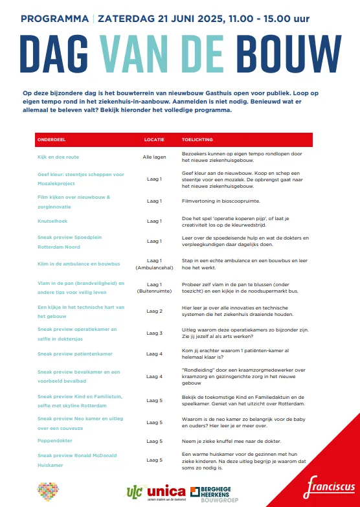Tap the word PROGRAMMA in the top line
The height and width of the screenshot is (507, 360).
click(54, 19)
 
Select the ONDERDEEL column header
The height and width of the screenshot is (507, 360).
click(52, 139)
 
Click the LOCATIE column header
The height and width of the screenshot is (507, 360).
click(154, 139)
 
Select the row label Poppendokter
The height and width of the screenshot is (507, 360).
click(55, 440)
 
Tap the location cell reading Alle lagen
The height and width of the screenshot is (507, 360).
click(155, 157)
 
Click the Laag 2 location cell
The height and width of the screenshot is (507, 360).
click(155, 311)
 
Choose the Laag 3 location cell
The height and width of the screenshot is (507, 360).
click(155, 333)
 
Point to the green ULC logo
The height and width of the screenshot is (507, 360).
click(134, 492)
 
